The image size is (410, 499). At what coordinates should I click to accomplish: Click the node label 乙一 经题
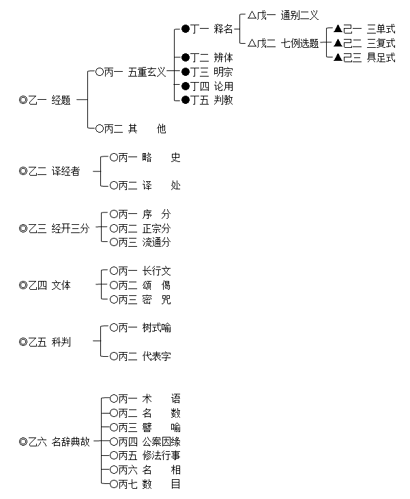coord(49,100)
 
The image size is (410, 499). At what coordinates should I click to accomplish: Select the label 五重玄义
coord(147,72)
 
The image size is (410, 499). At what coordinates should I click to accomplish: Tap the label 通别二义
coord(299,15)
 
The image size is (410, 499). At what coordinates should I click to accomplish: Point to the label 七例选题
coord(299,43)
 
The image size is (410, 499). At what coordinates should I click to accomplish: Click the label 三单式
coord(381,29)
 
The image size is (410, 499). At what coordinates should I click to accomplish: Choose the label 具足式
coord(381,57)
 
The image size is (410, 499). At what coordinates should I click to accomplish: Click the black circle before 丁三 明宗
coord(186,72)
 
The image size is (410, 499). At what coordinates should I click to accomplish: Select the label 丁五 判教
coord(211,100)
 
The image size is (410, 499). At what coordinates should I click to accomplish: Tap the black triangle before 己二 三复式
coord(338,42)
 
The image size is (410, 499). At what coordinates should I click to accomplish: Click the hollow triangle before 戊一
coord(252,15)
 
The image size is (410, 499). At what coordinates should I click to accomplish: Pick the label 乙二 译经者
coord(54,171)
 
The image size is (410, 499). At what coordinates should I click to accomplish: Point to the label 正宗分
coord(156,228)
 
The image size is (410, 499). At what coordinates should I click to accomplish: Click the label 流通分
coord(156,242)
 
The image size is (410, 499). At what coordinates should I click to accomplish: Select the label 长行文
coord(156,271)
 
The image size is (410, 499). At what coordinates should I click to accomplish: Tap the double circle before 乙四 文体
coord(23,285)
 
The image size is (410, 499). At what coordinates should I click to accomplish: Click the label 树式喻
coord(156,327)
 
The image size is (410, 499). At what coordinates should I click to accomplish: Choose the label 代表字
coord(156,356)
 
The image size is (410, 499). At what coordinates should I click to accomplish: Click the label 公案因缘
coord(161,442)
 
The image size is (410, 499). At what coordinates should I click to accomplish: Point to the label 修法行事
coord(161,455)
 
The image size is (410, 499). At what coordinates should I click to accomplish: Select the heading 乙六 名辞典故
coord(59,442)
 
